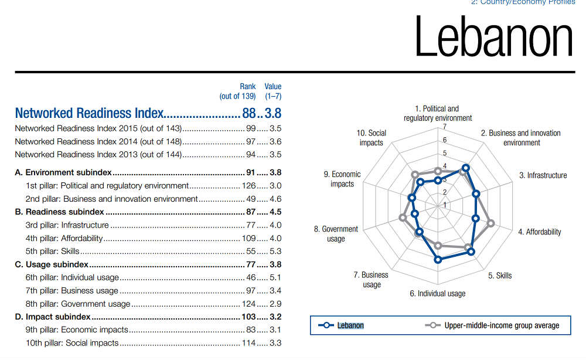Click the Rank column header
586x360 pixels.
(247, 86)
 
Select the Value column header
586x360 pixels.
(272, 86)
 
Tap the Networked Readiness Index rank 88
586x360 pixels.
(249, 113)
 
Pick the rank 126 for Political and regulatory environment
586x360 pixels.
(248, 186)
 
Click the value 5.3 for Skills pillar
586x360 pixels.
(275, 252)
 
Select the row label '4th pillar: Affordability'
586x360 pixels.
(64, 238)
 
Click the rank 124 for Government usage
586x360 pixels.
(248, 304)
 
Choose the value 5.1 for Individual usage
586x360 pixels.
(275, 277)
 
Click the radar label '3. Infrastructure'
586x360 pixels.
(543, 175)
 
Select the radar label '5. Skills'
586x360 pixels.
(500, 276)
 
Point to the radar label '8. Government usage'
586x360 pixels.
(336, 234)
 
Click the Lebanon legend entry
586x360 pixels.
(350, 325)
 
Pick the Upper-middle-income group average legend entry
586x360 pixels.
(501, 325)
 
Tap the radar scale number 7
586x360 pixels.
(445, 127)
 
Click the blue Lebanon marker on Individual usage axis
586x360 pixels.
(437, 259)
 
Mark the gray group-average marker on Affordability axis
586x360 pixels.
(491, 223)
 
